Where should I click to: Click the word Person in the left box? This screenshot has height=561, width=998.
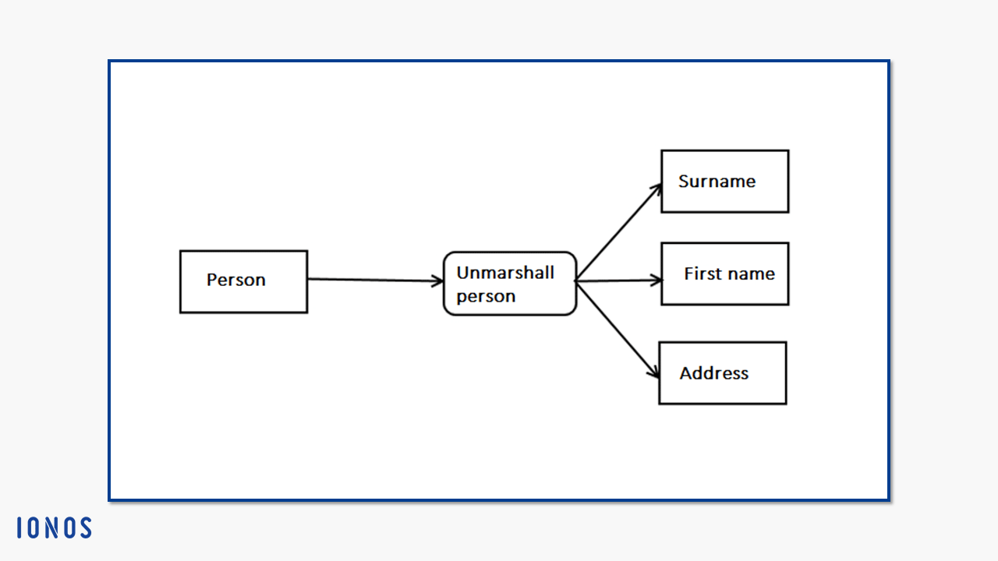point(236,280)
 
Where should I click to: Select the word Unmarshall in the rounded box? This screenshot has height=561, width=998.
point(505,273)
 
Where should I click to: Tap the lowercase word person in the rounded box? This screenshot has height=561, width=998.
point(486,297)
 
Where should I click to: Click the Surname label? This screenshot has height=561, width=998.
point(717,182)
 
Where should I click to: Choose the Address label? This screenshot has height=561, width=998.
point(713,373)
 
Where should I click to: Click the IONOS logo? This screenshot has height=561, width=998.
point(55,527)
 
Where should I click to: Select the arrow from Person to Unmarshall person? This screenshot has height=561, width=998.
point(375,280)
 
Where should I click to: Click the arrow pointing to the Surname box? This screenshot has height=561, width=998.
point(619,232)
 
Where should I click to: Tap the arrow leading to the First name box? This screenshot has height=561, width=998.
point(619,280)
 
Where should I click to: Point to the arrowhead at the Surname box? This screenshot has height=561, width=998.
point(656,189)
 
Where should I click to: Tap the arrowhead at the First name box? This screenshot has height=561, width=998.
point(656,280)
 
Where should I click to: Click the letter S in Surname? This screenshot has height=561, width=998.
point(684,182)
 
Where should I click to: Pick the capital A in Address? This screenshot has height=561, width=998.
point(687,373)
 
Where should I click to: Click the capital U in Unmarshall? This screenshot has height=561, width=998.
point(463,273)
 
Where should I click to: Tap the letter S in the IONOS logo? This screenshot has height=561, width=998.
point(85,527)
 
